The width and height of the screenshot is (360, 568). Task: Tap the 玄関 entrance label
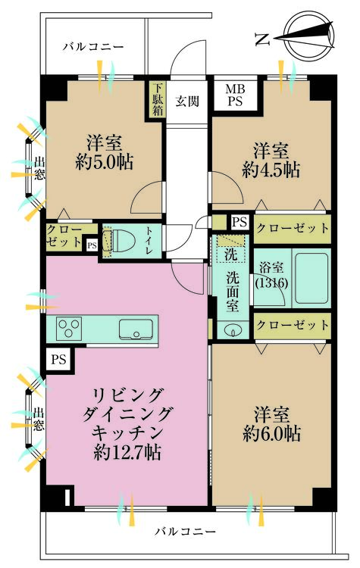click(187, 100)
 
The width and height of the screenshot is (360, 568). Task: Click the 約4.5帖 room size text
click(271, 170)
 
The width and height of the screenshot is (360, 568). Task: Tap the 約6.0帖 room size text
click(272, 433)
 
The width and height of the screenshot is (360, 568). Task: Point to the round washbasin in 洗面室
click(231, 329)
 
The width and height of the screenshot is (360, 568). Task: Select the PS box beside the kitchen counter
click(58, 360)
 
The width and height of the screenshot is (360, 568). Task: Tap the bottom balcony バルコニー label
click(186, 530)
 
